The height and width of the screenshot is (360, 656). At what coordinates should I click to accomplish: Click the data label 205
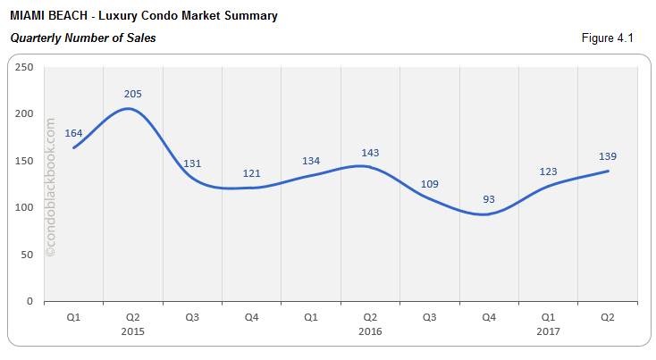132,94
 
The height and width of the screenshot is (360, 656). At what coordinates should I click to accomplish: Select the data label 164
73,133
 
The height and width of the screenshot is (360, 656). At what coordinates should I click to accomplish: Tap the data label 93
488,199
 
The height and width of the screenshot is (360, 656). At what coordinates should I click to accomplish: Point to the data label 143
370,153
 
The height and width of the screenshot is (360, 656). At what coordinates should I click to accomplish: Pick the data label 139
607,156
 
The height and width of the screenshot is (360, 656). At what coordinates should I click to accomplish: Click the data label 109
429,184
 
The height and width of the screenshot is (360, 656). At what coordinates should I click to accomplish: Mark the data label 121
251,173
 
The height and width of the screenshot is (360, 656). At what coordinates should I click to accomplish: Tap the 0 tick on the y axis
29,302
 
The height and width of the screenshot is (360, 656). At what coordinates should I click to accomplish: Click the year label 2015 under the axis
132,331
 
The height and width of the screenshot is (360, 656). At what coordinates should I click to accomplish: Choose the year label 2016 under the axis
370,331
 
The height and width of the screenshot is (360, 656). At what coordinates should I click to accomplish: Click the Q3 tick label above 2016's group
429,317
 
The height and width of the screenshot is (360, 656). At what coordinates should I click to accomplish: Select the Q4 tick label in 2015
251,317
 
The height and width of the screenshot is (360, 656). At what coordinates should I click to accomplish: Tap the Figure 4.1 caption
608,38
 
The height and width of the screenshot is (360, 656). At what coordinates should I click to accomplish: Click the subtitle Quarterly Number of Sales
83,38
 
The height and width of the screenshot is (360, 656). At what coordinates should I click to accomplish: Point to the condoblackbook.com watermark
50,188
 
